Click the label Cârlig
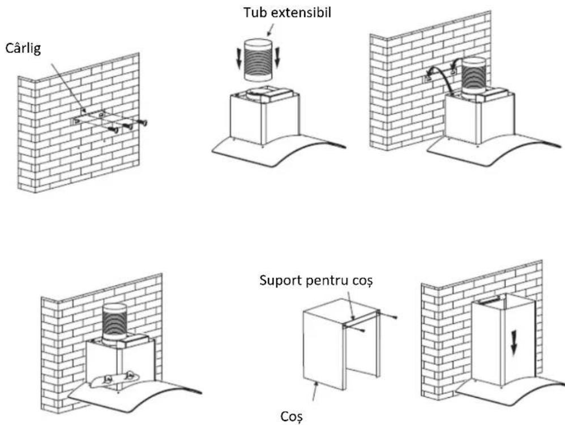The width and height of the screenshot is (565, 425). click(23, 48)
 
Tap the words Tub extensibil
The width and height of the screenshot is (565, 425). click(287, 12)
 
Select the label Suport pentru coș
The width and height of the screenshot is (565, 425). click(315, 281)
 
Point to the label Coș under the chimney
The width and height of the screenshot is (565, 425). click(292, 417)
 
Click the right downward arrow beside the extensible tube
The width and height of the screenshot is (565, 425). click(277, 57)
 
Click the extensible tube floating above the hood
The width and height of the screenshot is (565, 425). click(258, 60)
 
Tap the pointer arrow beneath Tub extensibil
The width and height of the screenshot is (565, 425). click(271, 29)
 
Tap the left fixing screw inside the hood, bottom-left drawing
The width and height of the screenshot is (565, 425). click(108, 379)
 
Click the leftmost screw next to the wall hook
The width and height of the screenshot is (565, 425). click(114, 130)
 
